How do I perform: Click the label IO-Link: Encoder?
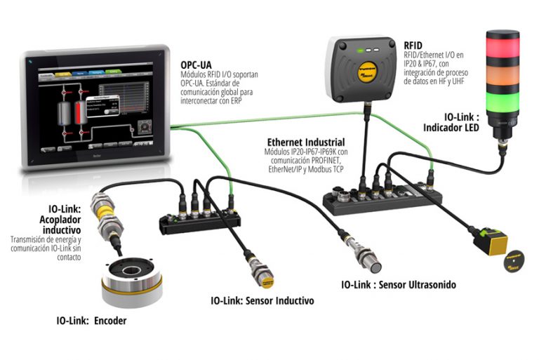click(91, 321)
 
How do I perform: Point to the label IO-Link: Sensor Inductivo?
click(262, 300)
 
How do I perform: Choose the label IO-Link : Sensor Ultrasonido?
click(398, 285)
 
